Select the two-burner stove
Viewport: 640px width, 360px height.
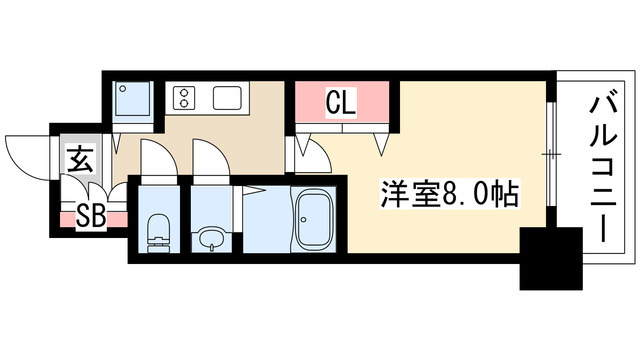coord(184,97)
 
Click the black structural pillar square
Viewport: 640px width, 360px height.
coord(550,257)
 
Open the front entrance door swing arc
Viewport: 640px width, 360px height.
coord(25,153)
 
